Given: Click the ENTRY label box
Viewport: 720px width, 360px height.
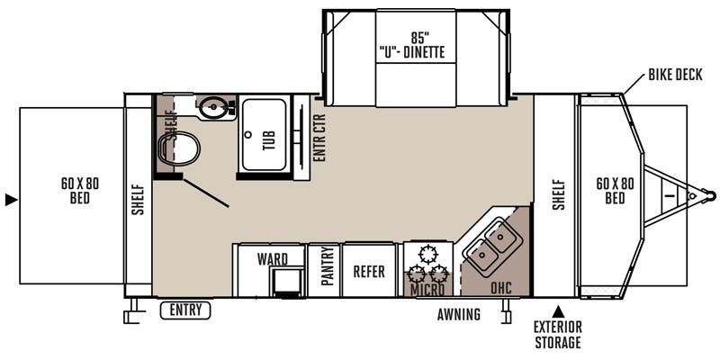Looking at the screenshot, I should click(x=184, y=311).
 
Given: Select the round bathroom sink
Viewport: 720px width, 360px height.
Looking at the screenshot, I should click(x=213, y=110).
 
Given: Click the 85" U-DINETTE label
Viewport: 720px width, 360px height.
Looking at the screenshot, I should click(x=416, y=45).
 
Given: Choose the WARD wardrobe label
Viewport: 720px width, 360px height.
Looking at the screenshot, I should click(x=272, y=259).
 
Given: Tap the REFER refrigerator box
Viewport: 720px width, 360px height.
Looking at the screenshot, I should click(x=369, y=270).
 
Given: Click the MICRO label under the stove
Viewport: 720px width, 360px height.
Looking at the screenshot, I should click(x=427, y=290).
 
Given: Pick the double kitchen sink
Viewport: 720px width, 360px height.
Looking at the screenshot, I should click(x=490, y=246).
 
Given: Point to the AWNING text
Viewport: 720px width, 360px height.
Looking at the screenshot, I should click(x=459, y=314).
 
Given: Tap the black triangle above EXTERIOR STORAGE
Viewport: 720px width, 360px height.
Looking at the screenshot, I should click(x=557, y=310).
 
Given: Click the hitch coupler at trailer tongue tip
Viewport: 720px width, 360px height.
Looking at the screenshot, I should click(x=709, y=194).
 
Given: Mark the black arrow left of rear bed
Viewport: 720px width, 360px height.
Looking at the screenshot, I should click(x=10, y=199).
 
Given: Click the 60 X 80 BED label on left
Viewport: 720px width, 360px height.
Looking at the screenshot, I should click(x=80, y=190).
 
